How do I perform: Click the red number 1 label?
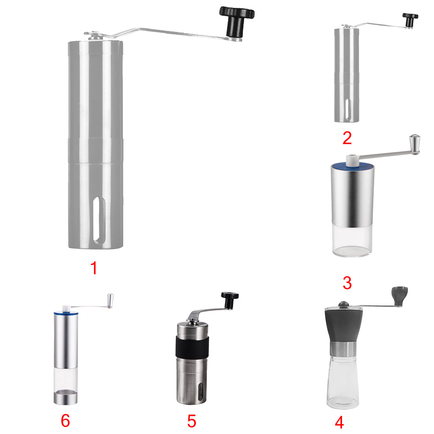(94, 268)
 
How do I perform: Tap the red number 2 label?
(347, 138)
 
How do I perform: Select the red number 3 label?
(347, 283)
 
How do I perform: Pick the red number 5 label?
(192, 421)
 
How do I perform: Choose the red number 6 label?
(65, 421)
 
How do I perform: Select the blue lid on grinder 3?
(353, 166)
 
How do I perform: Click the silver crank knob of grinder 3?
(415, 144)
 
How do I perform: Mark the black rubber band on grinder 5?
(192, 346)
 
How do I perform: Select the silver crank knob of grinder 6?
(111, 301)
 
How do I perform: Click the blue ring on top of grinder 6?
(66, 313)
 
